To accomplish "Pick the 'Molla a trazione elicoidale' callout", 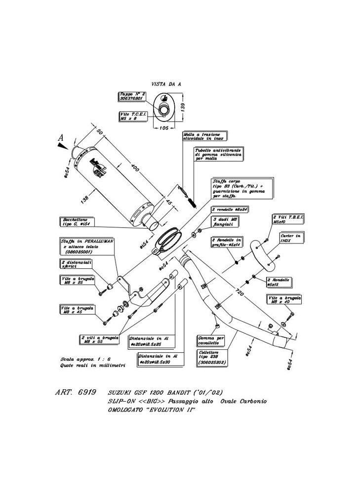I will pyautogui.click(x=204, y=136).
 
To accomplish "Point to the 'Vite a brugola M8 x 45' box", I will pyautogui.click(x=75, y=309).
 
